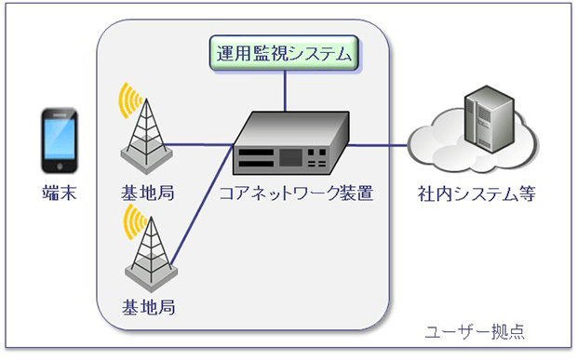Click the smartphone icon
pos(58,140)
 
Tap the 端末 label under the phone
pos(58,194)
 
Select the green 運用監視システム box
pos(285,54)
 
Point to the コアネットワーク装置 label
pos(296,194)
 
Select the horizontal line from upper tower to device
pos(200,144)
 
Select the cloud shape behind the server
pos(442,149)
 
